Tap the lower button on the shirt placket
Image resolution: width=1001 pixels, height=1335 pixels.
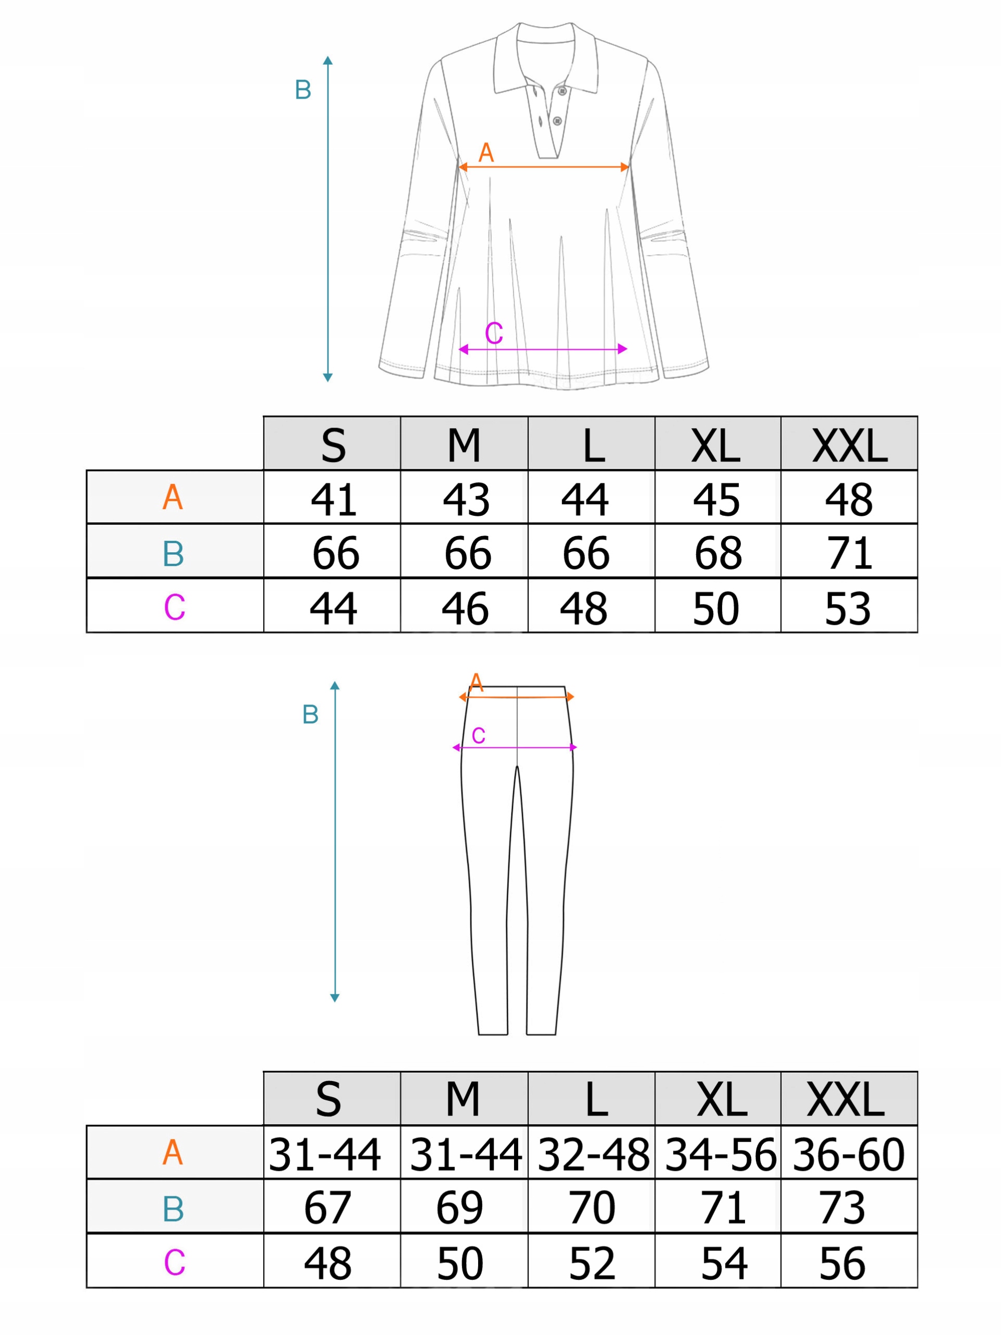pyautogui.click(x=557, y=122)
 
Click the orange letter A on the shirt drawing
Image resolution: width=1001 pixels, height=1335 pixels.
pyautogui.click(x=486, y=153)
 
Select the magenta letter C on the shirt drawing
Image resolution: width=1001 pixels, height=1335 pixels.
pyautogui.click(x=494, y=333)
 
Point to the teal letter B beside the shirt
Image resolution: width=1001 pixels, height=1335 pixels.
pyautogui.click(x=303, y=90)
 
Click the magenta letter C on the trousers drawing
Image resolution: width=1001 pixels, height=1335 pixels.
pyautogui.click(x=479, y=736)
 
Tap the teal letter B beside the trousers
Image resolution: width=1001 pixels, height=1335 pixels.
pyautogui.click(x=310, y=714)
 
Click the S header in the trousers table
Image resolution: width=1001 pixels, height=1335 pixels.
pyautogui.click(x=329, y=1098)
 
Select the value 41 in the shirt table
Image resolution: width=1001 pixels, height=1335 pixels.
pyautogui.click(x=334, y=500)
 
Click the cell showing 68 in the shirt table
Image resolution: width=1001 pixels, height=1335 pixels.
pyautogui.click(x=718, y=553)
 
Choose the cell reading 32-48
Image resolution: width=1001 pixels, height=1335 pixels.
pyautogui.click(x=592, y=1155)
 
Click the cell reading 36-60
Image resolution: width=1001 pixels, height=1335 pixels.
pyautogui.click(x=848, y=1155)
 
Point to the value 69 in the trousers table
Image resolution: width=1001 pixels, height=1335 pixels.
pyautogui.click(x=460, y=1208)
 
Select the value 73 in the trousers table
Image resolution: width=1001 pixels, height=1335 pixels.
pyautogui.click(x=843, y=1208)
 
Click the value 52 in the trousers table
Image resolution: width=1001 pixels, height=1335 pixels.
pyautogui.click(x=592, y=1263)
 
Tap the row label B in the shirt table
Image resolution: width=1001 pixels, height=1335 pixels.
pyautogui.click(x=173, y=553)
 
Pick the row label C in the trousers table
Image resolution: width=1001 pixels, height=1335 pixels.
pyautogui.click(x=174, y=1262)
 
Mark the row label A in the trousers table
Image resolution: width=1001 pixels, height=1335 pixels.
pyautogui.click(x=173, y=1152)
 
